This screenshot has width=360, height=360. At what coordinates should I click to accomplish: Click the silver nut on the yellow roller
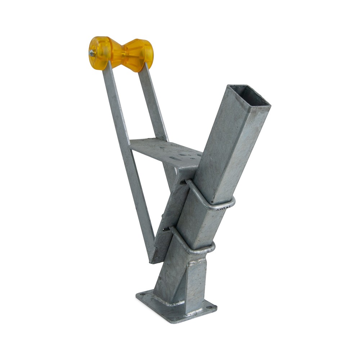(x=92, y=53)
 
